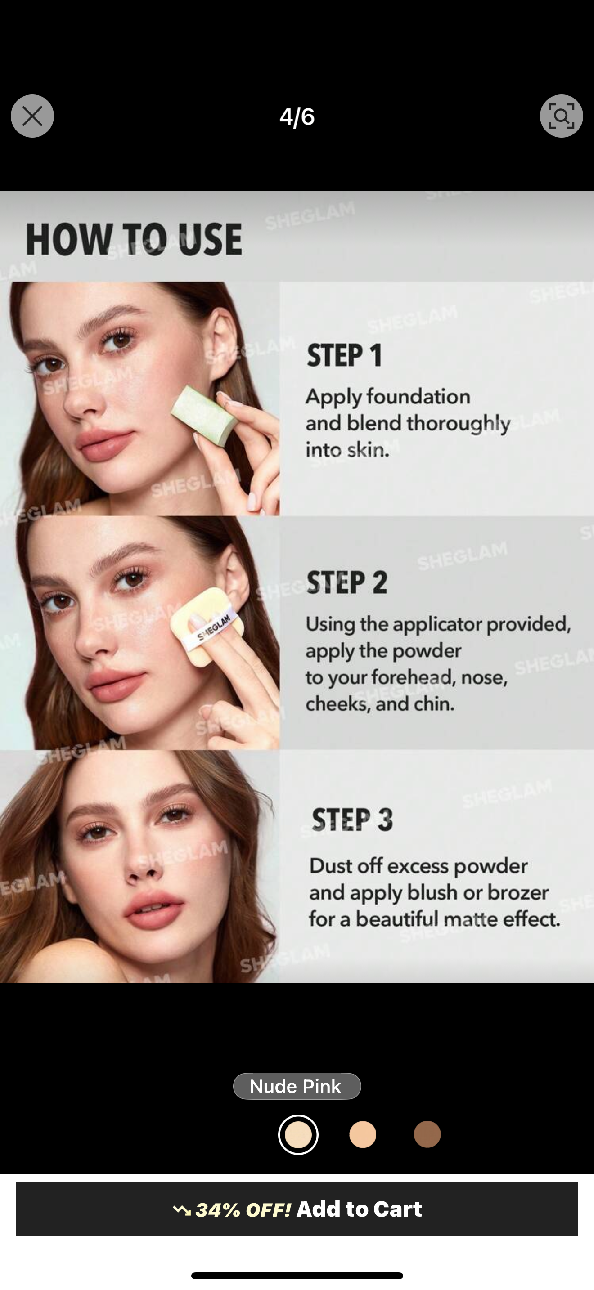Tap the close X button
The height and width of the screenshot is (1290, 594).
click(x=32, y=116)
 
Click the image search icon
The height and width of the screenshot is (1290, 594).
click(x=561, y=116)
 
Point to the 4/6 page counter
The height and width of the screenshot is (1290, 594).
click(x=297, y=116)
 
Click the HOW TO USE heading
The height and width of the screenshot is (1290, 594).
click(x=134, y=240)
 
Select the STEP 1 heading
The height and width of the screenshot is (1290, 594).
click(x=345, y=355)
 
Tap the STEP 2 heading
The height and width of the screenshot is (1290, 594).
click(x=346, y=582)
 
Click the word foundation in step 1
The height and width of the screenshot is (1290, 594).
click(x=418, y=397)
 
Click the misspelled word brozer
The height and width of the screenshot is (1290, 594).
click(x=518, y=892)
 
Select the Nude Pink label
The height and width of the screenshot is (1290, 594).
click(x=297, y=1086)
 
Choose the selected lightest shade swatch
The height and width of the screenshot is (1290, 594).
click(x=298, y=1134)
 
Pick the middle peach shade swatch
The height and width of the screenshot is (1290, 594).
click(x=363, y=1134)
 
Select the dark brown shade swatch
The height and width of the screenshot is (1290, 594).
click(x=427, y=1134)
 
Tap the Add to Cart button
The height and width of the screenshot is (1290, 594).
click(x=297, y=1209)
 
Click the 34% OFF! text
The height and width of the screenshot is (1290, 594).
click(x=243, y=1210)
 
